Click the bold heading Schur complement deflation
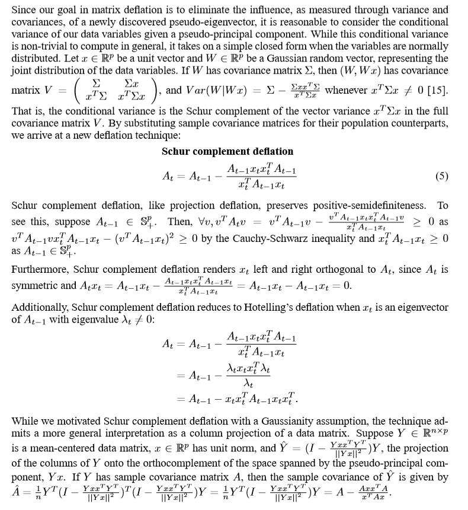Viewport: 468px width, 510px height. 227,151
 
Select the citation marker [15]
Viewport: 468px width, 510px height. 438,91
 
